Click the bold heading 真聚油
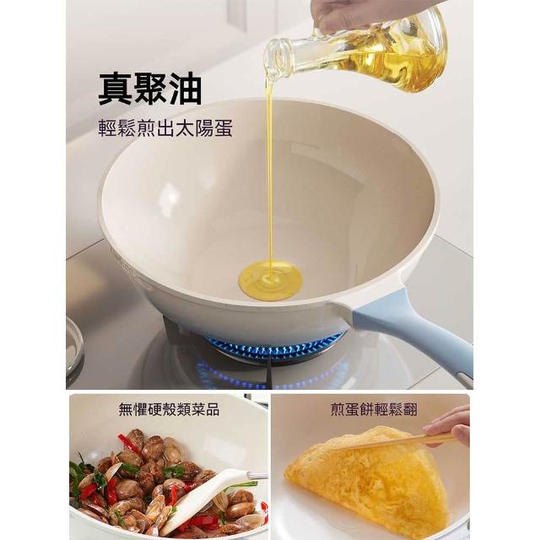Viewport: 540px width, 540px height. pyautogui.click(x=150, y=89)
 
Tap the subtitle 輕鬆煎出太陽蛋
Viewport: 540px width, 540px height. pyautogui.click(x=165, y=128)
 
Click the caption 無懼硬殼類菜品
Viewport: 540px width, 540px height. pyautogui.click(x=169, y=410)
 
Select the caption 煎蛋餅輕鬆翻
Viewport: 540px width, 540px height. pyautogui.click(x=374, y=410)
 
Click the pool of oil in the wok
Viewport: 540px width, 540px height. pyautogui.click(x=271, y=280)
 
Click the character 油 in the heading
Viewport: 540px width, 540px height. pyautogui.click(x=185, y=89)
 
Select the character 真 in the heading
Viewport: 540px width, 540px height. pyautogui.click(x=115, y=89)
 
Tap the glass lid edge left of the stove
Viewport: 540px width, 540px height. pyautogui.click(x=75, y=348)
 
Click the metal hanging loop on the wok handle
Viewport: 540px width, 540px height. pyautogui.click(x=464, y=379)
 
